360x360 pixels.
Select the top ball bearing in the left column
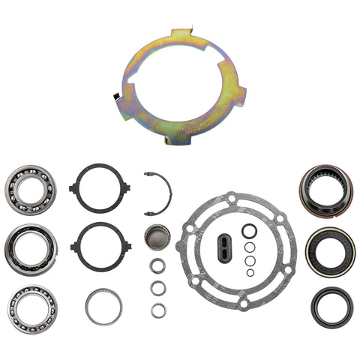tap(31, 187)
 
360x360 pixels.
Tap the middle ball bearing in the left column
tap(31, 247)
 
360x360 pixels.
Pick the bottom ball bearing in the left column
tap(31, 306)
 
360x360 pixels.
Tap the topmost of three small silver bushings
tap(157, 265)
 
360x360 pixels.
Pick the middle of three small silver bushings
tap(157, 288)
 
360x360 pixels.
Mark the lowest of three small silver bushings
tap(157, 310)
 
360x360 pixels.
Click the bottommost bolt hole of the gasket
tap(241, 304)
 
